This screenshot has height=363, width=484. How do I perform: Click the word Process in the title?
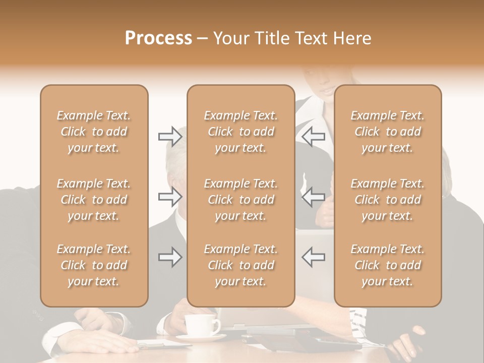pos(158,38)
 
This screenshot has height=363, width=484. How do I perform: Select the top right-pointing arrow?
pos(170,136)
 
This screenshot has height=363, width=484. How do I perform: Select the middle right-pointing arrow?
pos(170,197)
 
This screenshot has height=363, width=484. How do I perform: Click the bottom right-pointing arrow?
pos(170,257)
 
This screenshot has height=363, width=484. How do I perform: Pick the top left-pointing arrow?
pos(313,136)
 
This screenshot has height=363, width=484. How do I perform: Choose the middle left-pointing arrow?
pos(313,197)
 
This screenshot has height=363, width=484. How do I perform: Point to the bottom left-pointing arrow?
pos(313,257)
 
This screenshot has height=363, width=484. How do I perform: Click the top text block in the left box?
pos(94,132)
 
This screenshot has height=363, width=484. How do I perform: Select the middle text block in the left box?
pos(94,200)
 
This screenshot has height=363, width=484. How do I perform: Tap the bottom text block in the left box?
pos(94,265)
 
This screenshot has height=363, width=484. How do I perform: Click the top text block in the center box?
pos(241,132)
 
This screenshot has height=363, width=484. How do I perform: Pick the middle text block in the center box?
pos(241,200)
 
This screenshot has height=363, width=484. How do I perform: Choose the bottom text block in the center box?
pos(241,265)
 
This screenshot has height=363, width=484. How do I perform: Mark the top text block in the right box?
pos(388,132)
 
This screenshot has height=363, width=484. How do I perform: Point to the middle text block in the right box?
pos(388,200)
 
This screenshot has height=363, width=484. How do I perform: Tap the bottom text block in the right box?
pos(388,265)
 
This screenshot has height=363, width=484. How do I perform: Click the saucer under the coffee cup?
pos(202,337)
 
